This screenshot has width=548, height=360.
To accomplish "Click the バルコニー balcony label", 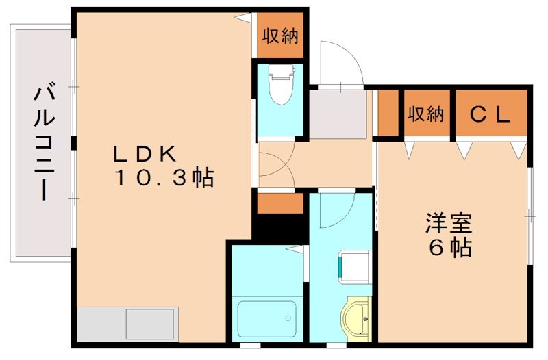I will point(45,142).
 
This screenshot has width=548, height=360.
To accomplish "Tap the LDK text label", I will point(145,153).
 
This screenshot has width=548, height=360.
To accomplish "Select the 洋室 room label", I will point(449,223).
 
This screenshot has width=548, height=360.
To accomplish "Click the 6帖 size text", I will point(449,248).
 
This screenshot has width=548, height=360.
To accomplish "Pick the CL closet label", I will point(490,114).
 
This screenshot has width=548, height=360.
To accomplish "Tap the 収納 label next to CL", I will point(426,114).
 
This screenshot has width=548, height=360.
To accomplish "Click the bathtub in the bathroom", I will point(266,318).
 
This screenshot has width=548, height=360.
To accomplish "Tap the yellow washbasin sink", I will point(357,318).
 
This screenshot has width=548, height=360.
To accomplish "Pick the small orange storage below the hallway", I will point(280,203).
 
